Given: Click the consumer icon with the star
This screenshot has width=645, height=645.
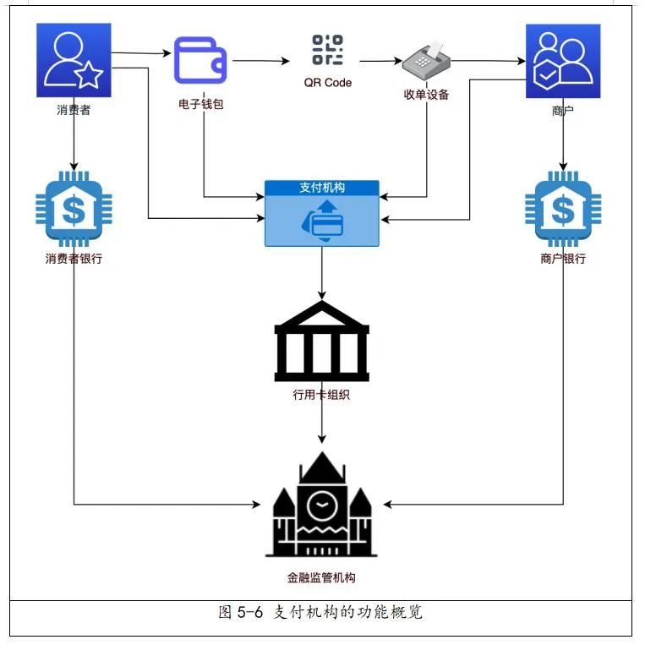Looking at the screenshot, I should (x=74, y=62).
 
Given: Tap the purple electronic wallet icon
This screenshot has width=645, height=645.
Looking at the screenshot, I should (x=200, y=61).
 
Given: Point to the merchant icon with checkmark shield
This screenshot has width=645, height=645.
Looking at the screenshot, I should (x=562, y=62).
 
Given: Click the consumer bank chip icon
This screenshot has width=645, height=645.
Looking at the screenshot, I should (x=74, y=209).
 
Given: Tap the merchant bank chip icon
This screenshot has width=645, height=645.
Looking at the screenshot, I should (x=562, y=209).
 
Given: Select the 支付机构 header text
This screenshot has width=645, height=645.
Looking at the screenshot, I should (x=322, y=188).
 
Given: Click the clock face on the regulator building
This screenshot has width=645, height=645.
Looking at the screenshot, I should (x=321, y=506).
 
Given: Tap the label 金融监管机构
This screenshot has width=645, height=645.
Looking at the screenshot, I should (x=321, y=578).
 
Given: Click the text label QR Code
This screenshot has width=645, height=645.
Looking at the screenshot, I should (x=328, y=83).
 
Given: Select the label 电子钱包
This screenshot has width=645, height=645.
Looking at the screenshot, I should (x=200, y=105).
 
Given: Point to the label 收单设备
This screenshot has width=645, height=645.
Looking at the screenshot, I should (x=426, y=95).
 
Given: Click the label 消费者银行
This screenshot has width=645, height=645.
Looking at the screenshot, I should (x=74, y=259).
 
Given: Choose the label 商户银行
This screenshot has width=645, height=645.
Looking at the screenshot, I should (x=562, y=259).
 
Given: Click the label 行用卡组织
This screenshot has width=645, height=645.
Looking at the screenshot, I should (x=322, y=395).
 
